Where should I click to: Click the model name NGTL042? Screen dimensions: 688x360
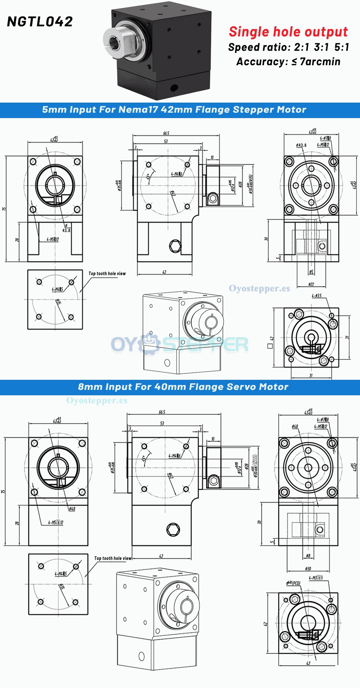[x=40, y=22]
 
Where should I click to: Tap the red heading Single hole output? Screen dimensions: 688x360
[x=288, y=32]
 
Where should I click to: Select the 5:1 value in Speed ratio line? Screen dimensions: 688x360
[x=341, y=47]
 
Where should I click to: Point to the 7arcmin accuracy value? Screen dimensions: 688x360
[x=320, y=62]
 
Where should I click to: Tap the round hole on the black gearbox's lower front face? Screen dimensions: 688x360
[x=174, y=87]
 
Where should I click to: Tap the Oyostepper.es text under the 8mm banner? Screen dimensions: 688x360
[x=96, y=400]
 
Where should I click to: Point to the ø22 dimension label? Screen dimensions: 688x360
[x=311, y=284]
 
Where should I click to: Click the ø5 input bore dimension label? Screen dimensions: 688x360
[x=311, y=272]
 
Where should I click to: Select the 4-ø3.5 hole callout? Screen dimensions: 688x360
[x=316, y=296]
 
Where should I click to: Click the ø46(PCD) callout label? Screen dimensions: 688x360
[x=293, y=583]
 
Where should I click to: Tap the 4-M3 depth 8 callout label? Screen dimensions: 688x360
[x=316, y=578]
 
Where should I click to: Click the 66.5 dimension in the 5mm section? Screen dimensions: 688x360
[x=166, y=133]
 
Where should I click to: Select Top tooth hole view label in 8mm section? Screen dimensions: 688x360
[x=113, y=558]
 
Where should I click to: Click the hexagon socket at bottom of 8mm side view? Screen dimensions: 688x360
[x=173, y=529]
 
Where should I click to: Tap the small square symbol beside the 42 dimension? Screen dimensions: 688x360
[x=270, y=346]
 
